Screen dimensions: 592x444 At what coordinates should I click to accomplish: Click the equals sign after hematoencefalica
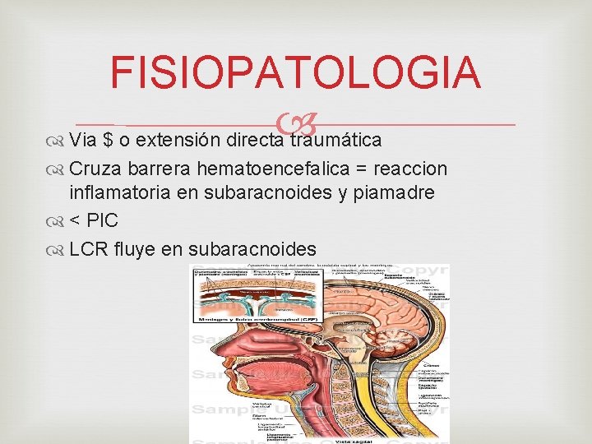361,169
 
